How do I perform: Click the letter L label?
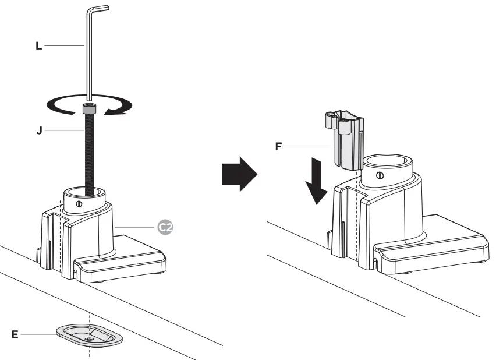click(38, 45)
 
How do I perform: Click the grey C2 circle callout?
click(166, 227)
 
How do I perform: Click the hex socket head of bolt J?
click(89, 108)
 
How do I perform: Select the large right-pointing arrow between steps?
click(239, 174)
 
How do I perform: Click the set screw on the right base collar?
click(380, 175)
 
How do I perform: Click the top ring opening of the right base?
click(388, 161)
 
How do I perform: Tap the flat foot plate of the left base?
click(134, 259)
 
